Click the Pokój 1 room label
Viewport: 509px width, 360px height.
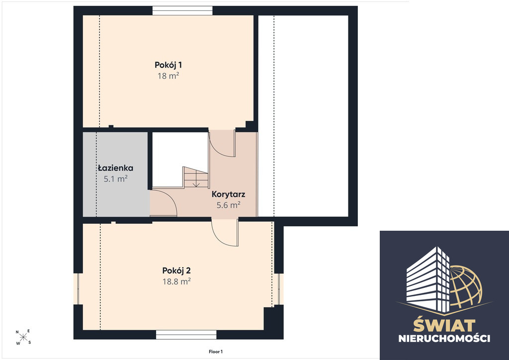tap(168, 65)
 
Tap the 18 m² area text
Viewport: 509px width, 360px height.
tap(169, 76)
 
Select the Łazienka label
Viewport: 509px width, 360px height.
tap(115, 168)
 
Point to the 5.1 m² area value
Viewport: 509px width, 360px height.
tap(115, 179)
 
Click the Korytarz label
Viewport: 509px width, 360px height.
tap(228, 194)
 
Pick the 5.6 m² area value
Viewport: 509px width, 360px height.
tap(228, 205)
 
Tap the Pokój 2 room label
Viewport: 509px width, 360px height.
tap(176, 270)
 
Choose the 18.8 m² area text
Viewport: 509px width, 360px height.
tap(176, 281)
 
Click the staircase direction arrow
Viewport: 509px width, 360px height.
tap(196, 183)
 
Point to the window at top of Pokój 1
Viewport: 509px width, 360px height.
tap(183, 11)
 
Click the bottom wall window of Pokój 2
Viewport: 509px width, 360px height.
tap(186, 335)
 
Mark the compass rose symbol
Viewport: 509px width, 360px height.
tap(23, 337)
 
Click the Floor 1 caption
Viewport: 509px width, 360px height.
tap(216, 352)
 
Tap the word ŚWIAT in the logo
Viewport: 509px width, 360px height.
tap(444, 325)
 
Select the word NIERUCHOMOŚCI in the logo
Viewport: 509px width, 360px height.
tap(444, 339)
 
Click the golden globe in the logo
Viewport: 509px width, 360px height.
tap(466, 285)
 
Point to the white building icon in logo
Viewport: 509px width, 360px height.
tap(428, 278)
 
